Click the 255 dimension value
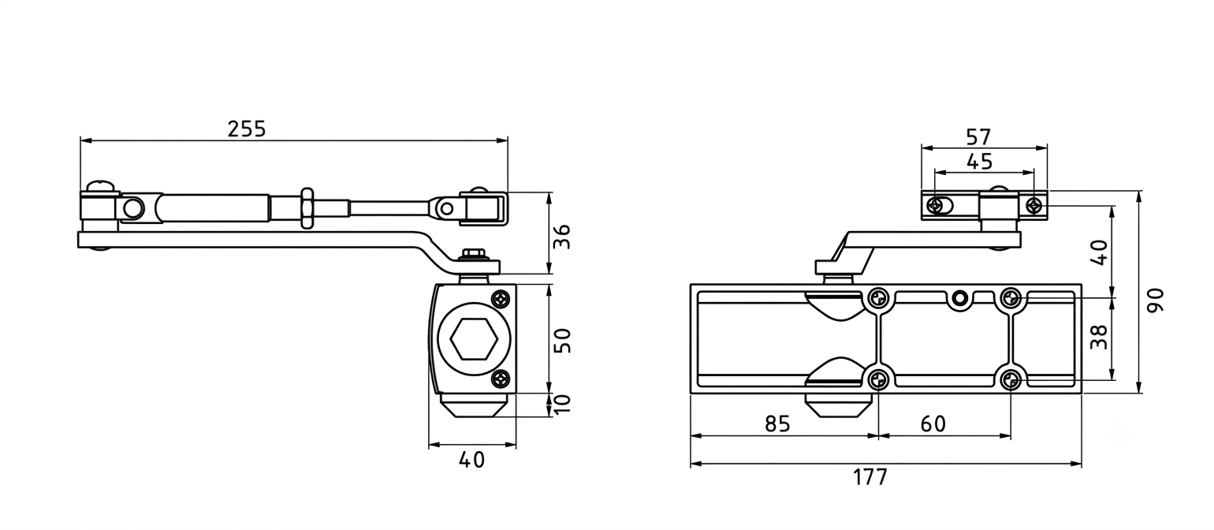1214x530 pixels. coord(247,129)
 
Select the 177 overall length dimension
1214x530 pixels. coord(870,477)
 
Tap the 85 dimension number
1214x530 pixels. coord(778,424)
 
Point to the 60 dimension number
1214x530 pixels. coord(933,424)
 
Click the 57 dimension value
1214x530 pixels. coord(978,136)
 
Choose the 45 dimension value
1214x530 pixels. coord(979,162)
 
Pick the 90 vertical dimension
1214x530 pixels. coord(1156,300)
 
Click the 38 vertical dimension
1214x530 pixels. coord(1099,337)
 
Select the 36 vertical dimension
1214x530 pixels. coord(564,237)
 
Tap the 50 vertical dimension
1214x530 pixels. coord(564,341)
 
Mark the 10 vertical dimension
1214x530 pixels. coord(564,404)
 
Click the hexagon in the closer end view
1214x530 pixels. coord(474,339)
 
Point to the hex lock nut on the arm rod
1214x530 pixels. coord(306,208)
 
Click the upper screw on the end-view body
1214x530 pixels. coord(501,298)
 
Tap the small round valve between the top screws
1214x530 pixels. coord(960,298)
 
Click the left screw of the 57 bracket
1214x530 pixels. coord(935,205)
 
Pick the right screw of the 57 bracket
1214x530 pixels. coord(1034,206)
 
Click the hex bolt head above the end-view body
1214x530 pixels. coord(474,254)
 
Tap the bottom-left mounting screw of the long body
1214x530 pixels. coord(878,380)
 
